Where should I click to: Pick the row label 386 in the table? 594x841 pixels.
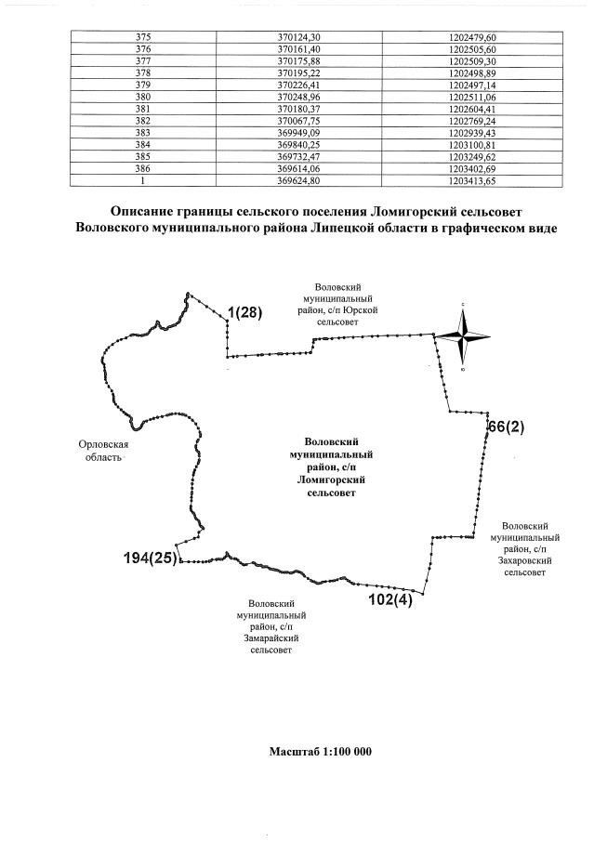tap(143, 169)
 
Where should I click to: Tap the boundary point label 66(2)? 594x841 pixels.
tap(507, 427)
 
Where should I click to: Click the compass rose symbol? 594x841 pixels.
tap(462, 337)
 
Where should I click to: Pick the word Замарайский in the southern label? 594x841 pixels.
tap(271, 638)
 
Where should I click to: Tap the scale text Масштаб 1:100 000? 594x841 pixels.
tap(320, 751)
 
